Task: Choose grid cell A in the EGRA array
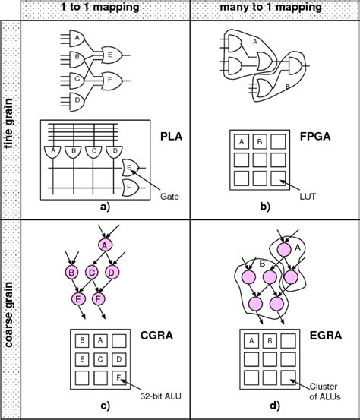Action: (251, 341)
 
